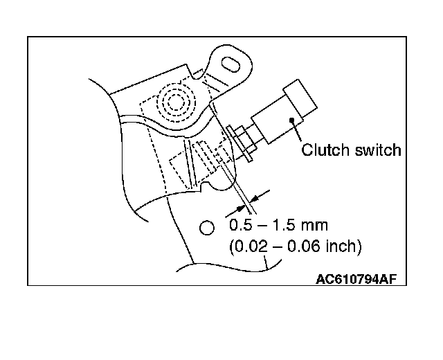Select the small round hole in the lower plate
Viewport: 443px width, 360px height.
click(205, 227)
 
